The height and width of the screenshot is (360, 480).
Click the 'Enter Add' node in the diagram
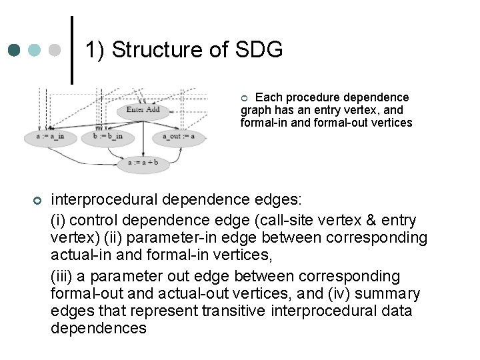point(143,110)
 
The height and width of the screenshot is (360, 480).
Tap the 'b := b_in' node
point(108,137)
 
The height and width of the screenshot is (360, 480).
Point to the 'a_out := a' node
point(179,137)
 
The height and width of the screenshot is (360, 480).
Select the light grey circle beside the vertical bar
point(56,50)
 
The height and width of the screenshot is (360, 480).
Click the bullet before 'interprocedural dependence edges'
point(37,201)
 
